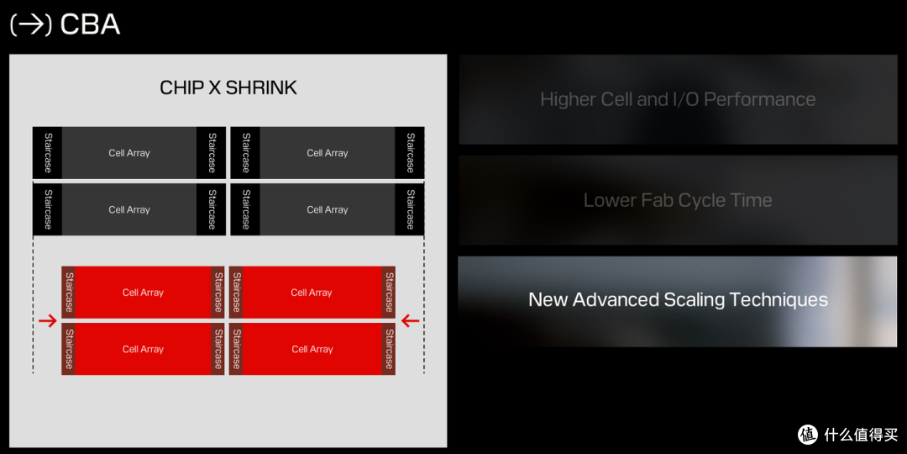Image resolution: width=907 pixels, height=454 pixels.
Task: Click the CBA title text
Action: click(90, 24)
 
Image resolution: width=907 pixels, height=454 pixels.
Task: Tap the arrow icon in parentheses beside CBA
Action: click(31, 25)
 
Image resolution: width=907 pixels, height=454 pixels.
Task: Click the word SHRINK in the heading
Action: click(261, 87)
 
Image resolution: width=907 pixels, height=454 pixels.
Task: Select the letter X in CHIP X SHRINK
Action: click(212, 87)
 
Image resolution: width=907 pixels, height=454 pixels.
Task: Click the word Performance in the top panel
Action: click(759, 99)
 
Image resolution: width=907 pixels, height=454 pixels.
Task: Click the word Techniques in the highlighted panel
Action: click(779, 300)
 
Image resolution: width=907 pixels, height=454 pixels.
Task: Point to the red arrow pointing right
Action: click(47, 320)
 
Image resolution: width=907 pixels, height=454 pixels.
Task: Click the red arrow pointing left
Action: click(410, 320)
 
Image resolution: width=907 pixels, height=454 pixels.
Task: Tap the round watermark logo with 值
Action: click(808, 434)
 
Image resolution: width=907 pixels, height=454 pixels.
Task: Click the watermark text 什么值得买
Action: click(860, 435)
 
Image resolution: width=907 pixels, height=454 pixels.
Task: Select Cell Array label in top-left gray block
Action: click(129, 153)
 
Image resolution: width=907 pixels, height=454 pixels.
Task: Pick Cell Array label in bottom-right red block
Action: click(312, 349)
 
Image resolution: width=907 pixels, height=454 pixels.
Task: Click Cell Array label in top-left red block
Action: click(143, 293)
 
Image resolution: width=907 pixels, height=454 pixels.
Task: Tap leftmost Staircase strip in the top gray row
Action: click(47, 153)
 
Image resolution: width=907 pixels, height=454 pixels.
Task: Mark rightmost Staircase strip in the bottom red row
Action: click(389, 349)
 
